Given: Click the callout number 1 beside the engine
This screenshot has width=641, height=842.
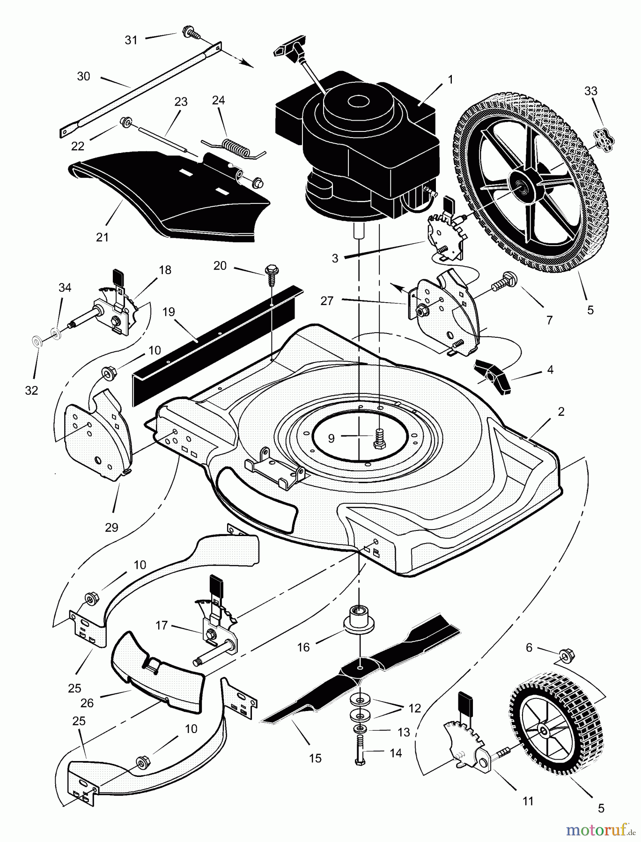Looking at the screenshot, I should pos(450,80).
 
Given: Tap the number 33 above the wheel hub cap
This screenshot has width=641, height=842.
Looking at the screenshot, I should pos(591,91).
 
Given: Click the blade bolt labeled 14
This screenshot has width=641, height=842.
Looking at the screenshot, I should pos(360,750).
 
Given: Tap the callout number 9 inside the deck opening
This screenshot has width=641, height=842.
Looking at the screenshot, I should pos(331,438).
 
